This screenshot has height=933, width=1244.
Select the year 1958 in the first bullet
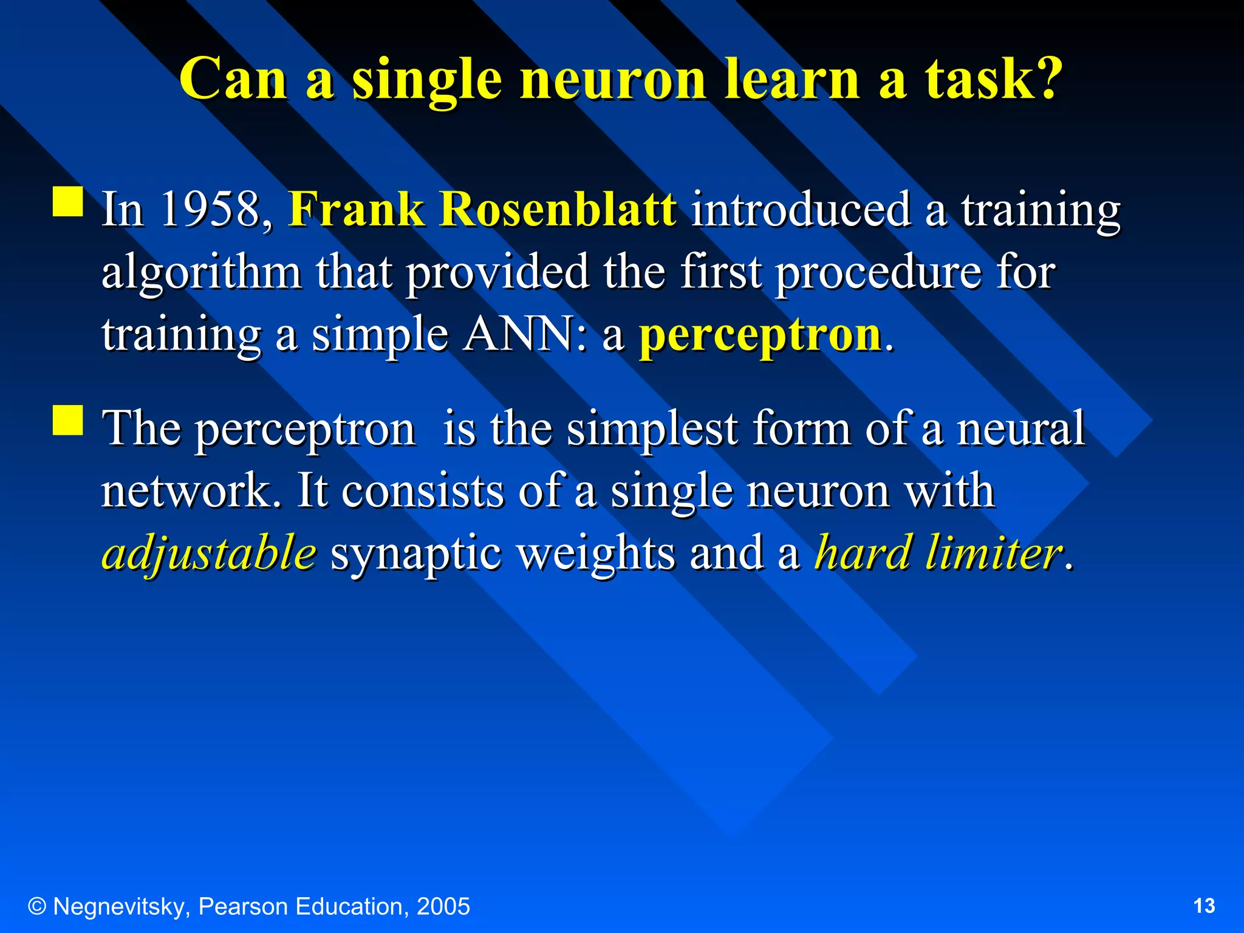[210, 209]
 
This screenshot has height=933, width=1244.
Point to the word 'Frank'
[356, 209]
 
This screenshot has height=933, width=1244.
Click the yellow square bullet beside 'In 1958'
[67, 202]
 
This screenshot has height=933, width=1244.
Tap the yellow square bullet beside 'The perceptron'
[67, 420]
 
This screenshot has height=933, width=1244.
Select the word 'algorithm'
[201, 273]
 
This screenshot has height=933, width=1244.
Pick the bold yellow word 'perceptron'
[760, 336]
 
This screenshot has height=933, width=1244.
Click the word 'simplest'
[652, 429]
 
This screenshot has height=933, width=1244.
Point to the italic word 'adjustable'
[209, 553]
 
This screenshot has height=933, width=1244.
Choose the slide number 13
[1204, 906]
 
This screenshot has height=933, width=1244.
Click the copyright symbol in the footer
[38, 906]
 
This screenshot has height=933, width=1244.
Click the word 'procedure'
[878, 273]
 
